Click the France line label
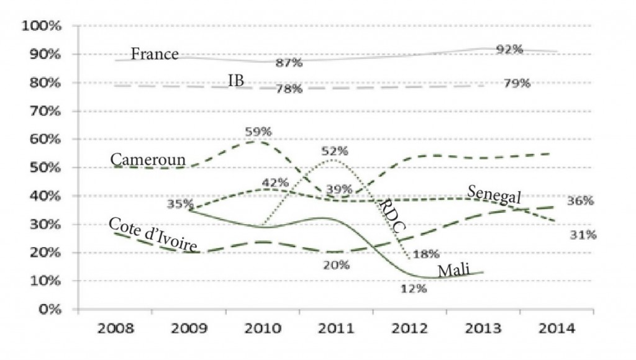155,54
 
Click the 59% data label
258,132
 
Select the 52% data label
335,151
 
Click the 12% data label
412,289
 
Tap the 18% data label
426,253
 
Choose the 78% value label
289,89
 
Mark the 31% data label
583,235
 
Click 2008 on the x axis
114,328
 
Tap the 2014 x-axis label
554,328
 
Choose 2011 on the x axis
334,328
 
